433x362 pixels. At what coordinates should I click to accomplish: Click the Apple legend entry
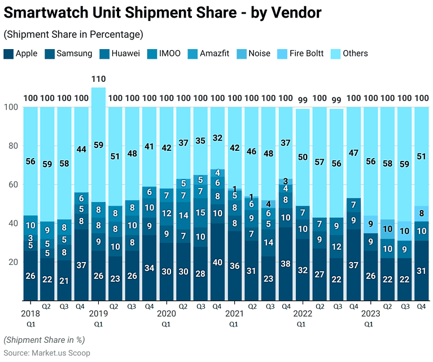26,54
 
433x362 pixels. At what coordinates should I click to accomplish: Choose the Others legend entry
355,54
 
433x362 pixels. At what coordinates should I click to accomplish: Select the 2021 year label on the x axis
234,313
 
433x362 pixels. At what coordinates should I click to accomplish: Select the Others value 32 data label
217,137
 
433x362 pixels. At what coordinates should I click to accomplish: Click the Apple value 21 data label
65,281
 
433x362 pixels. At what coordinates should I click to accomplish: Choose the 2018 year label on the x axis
30,313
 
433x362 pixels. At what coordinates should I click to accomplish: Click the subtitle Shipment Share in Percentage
73,34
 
